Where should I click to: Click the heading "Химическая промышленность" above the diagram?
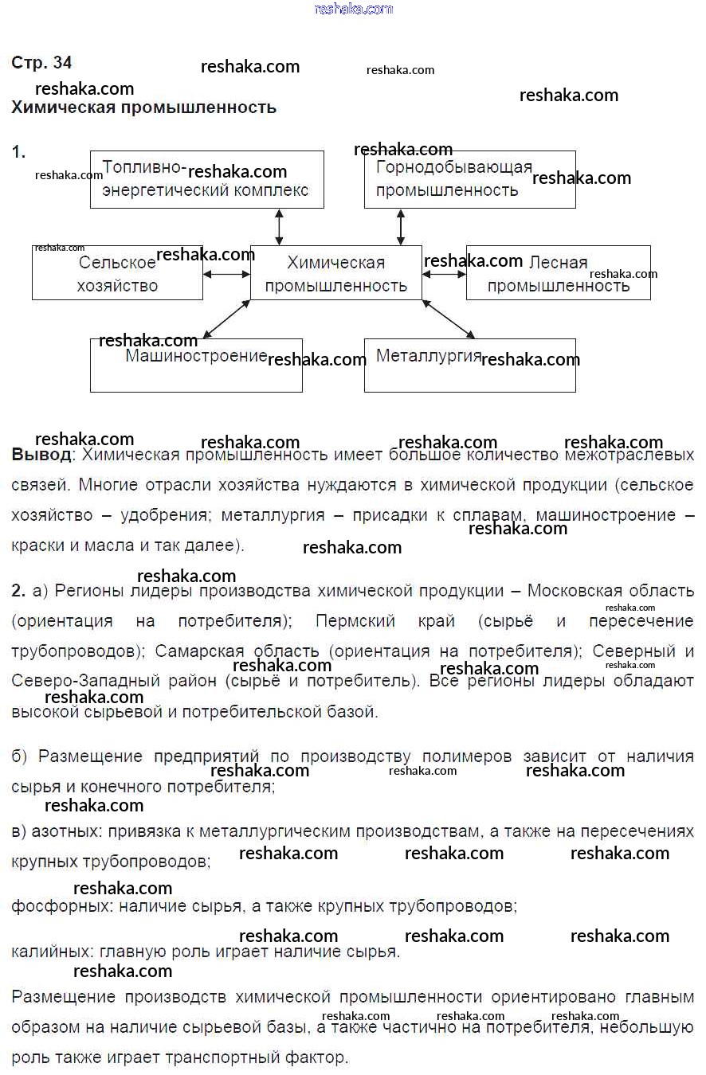143,107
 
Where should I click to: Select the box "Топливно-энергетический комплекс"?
206,180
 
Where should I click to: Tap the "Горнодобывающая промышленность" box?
469,180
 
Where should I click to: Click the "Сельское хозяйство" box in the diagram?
117,273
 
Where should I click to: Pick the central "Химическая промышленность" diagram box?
335,273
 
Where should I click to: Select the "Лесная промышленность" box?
558,273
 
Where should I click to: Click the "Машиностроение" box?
196,365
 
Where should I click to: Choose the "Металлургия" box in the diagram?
469,365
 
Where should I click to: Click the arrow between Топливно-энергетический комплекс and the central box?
279,227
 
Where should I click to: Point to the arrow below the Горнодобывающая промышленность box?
401,227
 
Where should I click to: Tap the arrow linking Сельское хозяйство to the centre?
226,274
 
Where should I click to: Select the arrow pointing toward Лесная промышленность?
444,274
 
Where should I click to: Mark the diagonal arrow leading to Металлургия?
448,319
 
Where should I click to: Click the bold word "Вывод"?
41,455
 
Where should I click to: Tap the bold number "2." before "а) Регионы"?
19,592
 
